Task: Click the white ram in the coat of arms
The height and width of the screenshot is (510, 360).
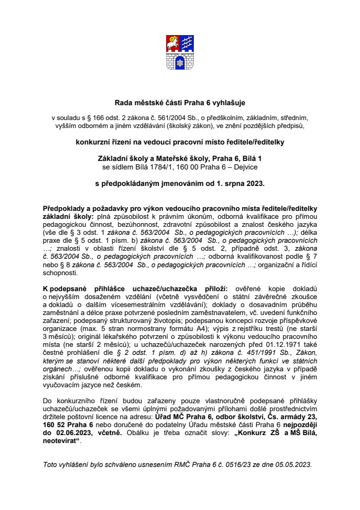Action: pos(174,42)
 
